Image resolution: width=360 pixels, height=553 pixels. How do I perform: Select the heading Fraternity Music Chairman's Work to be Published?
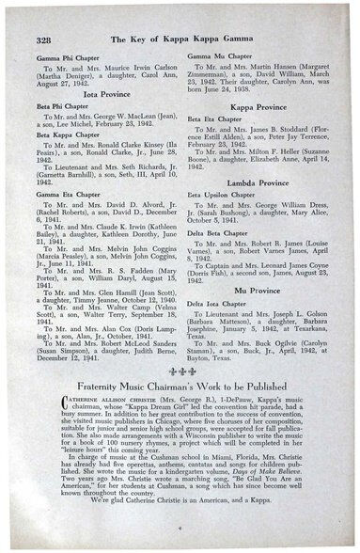tap(180, 387)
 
